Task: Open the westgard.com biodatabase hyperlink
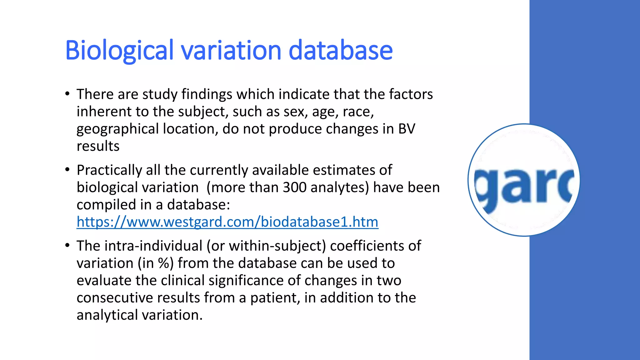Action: (x=227, y=222)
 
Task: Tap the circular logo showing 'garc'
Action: (x=524, y=180)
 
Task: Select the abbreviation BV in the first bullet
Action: (x=407, y=129)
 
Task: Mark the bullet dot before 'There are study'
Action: (x=67, y=94)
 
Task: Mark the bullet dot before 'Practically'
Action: (x=67, y=170)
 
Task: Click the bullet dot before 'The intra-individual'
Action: (x=67, y=246)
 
